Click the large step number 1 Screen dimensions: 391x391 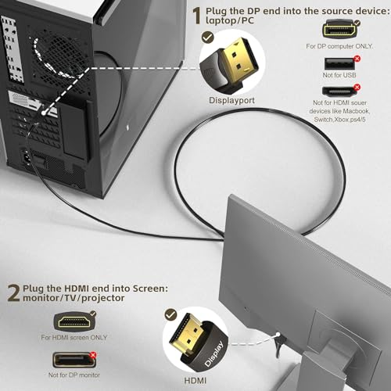[197, 16]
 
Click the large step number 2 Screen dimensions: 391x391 [13, 293]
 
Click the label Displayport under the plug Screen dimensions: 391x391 [231, 100]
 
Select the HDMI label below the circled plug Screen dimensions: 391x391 [195, 381]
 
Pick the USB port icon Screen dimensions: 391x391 [339, 63]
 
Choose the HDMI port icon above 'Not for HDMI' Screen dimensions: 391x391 [339, 91]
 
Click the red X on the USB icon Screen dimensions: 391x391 [357, 59]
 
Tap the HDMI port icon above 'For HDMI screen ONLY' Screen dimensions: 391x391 [74, 321]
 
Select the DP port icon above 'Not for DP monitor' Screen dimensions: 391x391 [74, 361]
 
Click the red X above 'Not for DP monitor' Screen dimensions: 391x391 [93, 355]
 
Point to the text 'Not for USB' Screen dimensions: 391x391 [339, 75]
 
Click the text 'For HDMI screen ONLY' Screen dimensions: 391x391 [74, 337]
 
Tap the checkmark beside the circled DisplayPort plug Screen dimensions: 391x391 [208, 38]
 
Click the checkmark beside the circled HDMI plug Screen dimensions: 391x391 [170, 315]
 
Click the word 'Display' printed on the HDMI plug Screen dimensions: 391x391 [214, 353]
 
